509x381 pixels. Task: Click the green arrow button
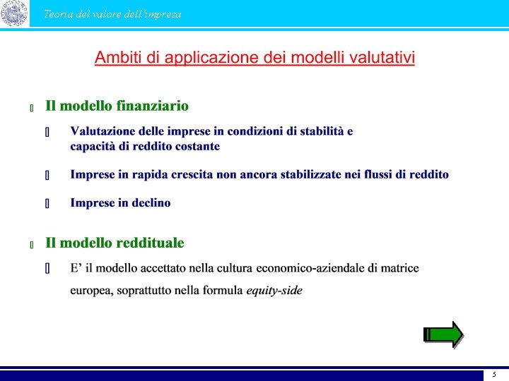coord(443,334)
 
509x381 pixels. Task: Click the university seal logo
coord(14,13)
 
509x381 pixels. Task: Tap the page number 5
coord(494,375)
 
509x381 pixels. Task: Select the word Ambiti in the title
coord(117,57)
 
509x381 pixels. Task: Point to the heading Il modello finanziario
coord(117,106)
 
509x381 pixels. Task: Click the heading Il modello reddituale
coord(115,243)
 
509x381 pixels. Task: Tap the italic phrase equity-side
coord(274,291)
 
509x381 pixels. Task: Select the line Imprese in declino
coord(120,202)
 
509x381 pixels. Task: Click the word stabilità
coord(322,131)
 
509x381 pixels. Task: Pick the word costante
coord(195,146)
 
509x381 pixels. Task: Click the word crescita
coord(189,174)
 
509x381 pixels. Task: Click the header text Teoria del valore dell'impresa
coord(112,14)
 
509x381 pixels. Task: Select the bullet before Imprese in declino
coord(47,204)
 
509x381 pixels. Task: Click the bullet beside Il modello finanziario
coord(32,108)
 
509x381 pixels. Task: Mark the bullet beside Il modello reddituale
coord(32,245)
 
